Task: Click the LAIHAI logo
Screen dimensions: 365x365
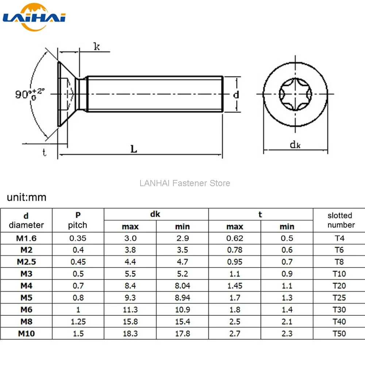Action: tap(34, 17)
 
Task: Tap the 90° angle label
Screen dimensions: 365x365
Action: tap(30, 93)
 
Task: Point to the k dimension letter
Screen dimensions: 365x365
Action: tap(97, 46)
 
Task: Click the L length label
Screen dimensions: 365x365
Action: tap(134, 149)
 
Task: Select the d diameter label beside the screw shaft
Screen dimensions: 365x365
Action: tap(236, 95)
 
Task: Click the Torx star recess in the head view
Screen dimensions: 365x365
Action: tap(295, 94)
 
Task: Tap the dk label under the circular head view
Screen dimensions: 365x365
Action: tap(295, 145)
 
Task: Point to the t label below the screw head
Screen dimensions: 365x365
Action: tap(44, 153)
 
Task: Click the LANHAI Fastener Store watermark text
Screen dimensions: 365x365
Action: tap(185, 183)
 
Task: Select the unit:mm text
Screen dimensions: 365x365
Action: tap(27, 197)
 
